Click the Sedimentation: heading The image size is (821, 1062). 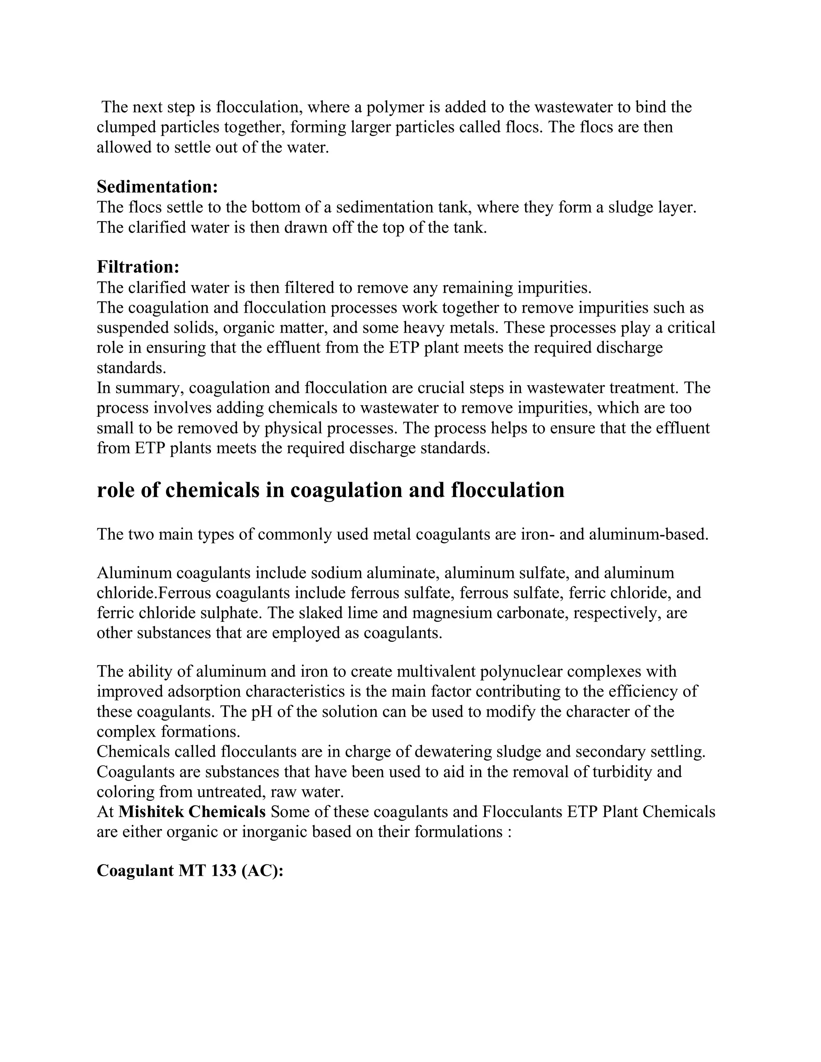coord(157,187)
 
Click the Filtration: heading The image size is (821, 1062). coord(138,267)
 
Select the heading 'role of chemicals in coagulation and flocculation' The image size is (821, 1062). coord(330,490)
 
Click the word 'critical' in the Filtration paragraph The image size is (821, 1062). coord(691,328)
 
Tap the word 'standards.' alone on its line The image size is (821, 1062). coord(131,368)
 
